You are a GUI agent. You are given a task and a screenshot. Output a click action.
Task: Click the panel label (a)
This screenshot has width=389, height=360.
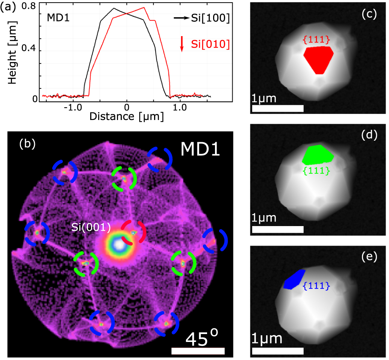point(8,7)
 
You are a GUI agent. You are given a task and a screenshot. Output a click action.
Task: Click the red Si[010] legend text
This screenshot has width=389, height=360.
point(210,44)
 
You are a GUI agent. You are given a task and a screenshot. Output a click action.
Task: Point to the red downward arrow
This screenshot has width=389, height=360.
point(182,44)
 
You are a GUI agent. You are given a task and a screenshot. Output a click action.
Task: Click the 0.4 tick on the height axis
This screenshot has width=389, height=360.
point(29,50)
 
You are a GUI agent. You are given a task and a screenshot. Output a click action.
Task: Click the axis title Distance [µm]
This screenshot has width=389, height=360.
point(126,117)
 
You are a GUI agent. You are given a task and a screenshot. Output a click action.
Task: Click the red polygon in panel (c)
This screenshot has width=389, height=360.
point(318,59)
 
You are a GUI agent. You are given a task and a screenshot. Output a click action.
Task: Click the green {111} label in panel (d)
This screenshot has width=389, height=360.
point(316,170)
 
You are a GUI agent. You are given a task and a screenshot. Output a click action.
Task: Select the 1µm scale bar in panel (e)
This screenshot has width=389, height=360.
point(278,351)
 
